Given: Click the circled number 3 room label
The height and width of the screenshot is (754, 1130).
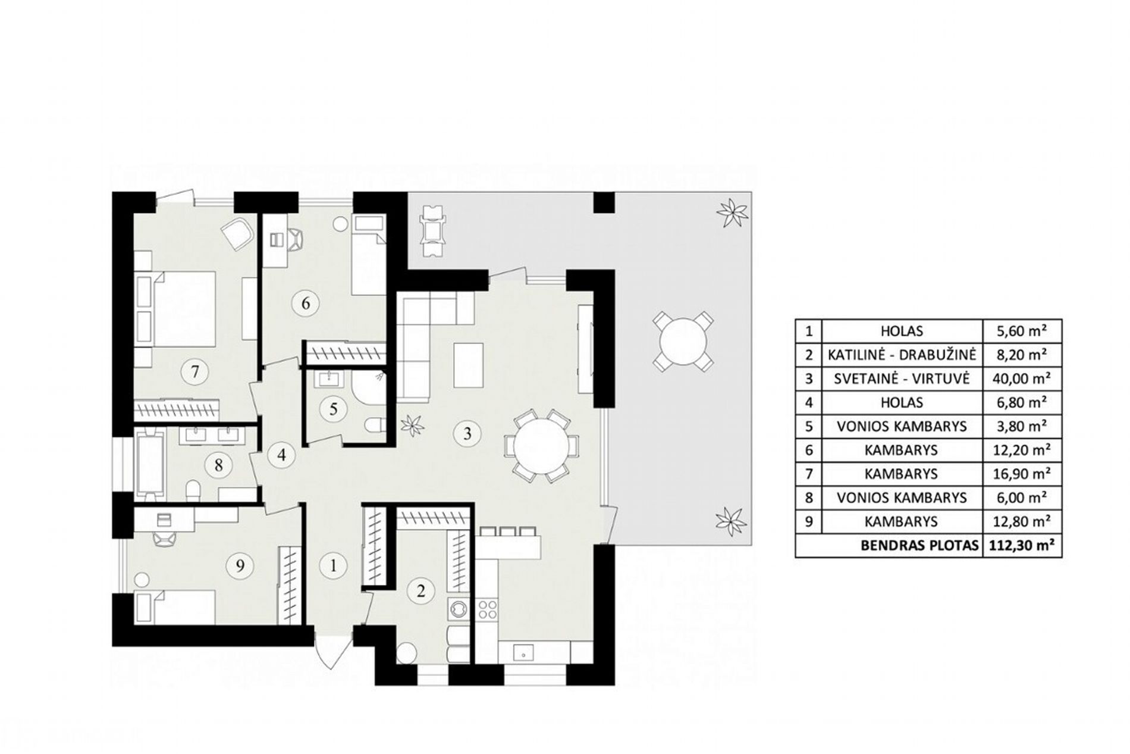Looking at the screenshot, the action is (x=467, y=433).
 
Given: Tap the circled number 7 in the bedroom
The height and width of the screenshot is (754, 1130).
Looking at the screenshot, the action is (x=195, y=372).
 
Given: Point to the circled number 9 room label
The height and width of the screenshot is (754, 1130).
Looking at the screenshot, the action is (x=240, y=565).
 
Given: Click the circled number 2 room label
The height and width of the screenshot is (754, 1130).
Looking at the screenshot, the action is (x=422, y=591).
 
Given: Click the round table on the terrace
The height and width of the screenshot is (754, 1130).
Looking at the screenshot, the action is (x=683, y=342).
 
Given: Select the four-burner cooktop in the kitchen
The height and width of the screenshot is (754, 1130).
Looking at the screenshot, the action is (x=488, y=609).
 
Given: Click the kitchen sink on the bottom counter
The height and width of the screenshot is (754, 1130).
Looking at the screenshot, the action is (x=523, y=653).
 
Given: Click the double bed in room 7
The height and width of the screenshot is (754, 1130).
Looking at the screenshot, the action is (x=177, y=309).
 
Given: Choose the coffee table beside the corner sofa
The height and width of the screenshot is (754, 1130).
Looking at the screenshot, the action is (x=467, y=364).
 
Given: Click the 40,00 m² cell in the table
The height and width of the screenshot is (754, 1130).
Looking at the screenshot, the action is (x=1020, y=378).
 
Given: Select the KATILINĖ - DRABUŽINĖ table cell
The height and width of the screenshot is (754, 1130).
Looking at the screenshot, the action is (x=902, y=355).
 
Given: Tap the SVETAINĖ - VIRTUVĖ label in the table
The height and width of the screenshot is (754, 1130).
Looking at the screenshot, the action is (x=902, y=378).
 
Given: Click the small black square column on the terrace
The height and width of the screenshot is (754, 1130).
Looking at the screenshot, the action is (x=604, y=203).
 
